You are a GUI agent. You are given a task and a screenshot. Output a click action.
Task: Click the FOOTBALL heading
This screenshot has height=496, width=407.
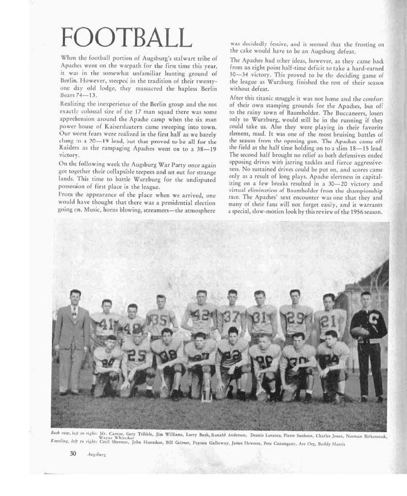click(x=123, y=38)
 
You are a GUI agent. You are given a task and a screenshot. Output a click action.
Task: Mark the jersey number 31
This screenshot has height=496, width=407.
click(x=260, y=317)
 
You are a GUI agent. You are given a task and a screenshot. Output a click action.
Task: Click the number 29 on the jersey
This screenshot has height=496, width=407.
click(x=295, y=317)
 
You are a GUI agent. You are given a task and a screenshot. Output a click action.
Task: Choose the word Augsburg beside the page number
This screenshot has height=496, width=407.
click(x=96, y=455)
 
